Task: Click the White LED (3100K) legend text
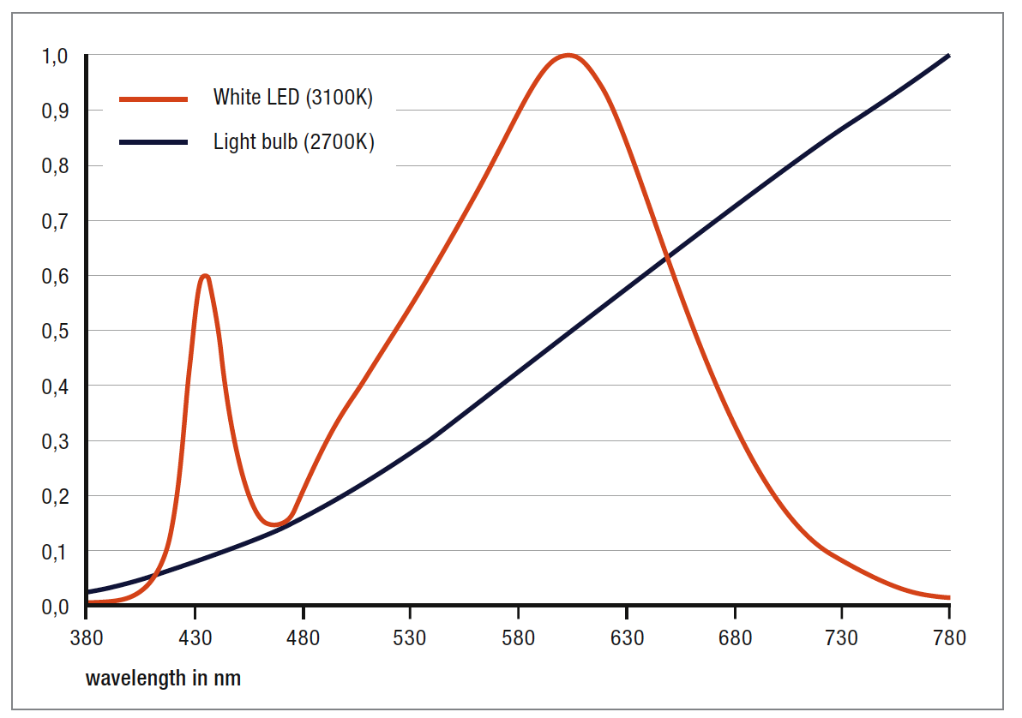(293, 98)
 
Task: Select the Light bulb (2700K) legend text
(293, 141)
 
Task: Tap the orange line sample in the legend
(153, 99)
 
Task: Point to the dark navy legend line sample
(153, 143)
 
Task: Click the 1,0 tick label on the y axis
(54, 57)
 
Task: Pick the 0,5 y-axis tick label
(54, 332)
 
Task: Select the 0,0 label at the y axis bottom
(54, 607)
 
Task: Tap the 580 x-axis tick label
(518, 638)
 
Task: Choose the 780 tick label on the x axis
(949, 638)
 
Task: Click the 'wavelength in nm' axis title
(163, 679)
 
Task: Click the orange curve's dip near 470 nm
(274, 524)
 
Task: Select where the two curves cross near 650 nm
(667, 258)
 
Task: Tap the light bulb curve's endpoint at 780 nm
(948, 57)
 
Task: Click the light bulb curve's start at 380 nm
(87, 591)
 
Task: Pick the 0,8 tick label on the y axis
(54, 166)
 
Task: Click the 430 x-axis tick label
(195, 638)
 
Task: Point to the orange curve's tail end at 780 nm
(947, 597)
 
